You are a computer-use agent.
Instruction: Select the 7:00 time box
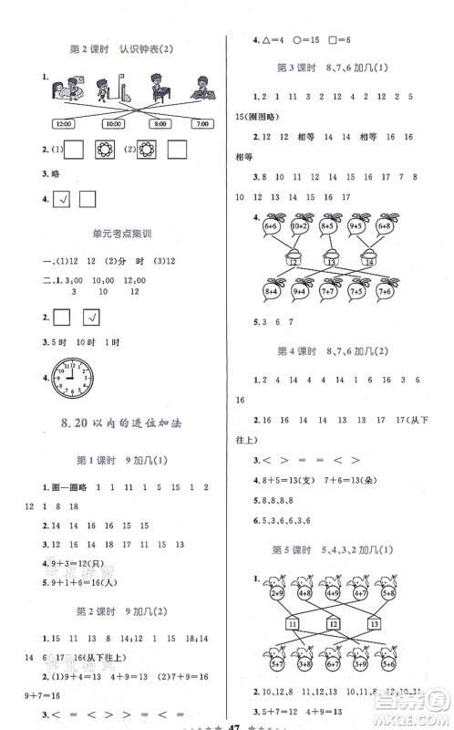click(x=201, y=122)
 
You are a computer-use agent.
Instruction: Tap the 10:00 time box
click(x=112, y=122)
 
